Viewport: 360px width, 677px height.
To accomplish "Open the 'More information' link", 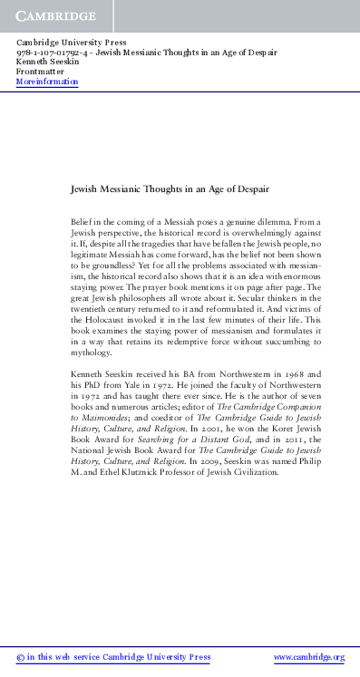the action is click(x=47, y=82).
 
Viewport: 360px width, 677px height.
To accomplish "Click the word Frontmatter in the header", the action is click(x=39, y=72).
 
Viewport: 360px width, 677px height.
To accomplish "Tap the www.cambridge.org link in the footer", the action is click(x=309, y=657).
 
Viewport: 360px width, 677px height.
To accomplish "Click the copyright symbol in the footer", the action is click(x=21, y=657).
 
